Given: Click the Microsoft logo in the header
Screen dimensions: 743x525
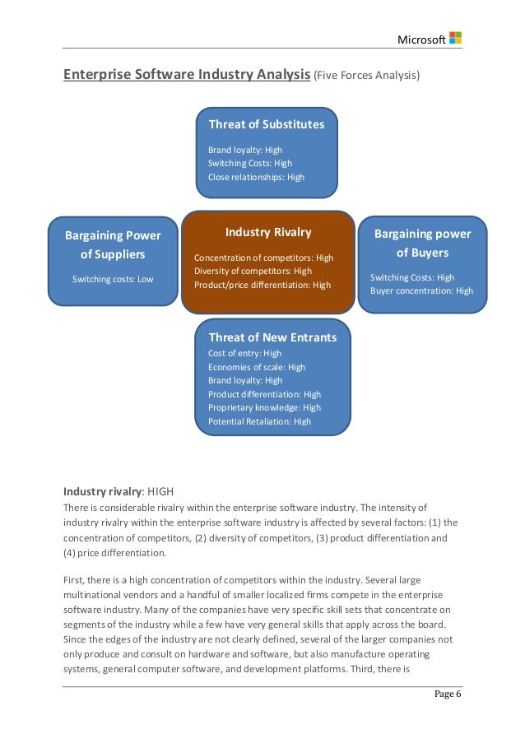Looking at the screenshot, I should click(x=455, y=38).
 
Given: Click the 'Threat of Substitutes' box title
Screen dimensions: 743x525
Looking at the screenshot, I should click(x=267, y=124).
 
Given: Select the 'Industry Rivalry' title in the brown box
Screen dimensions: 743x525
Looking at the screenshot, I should click(x=268, y=232).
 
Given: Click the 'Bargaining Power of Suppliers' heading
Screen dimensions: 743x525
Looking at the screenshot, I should click(x=113, y=244).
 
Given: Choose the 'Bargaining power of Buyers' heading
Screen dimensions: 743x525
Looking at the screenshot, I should click(x=422, y=243).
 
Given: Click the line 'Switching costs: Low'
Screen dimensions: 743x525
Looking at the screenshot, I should click(x=113, y=279).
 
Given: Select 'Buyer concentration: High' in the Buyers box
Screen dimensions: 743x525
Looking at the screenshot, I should click(x=421, y=290).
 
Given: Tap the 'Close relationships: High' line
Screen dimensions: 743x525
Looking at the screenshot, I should click(x=256, y=177).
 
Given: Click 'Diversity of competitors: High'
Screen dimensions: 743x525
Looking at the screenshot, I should click(x=253, y=271).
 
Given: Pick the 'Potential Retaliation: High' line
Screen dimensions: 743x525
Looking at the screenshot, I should click(x=259, y=421).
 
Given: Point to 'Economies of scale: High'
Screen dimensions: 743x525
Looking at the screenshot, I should click(x=256, y=367).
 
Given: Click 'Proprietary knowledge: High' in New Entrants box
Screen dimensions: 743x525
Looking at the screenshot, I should click(x=264, y=407).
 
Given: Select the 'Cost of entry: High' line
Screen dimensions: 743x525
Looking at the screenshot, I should click(x=244, y=353).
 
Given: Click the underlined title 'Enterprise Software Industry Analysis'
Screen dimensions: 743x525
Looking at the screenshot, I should click(x=187, y=76).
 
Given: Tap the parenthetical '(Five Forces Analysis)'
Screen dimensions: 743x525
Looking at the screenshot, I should click(x=366, y=77).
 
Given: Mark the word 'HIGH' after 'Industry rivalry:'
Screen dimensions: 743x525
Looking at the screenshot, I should click(x=160, y=491).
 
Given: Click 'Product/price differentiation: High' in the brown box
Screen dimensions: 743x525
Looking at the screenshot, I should click(x=262, y=285).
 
